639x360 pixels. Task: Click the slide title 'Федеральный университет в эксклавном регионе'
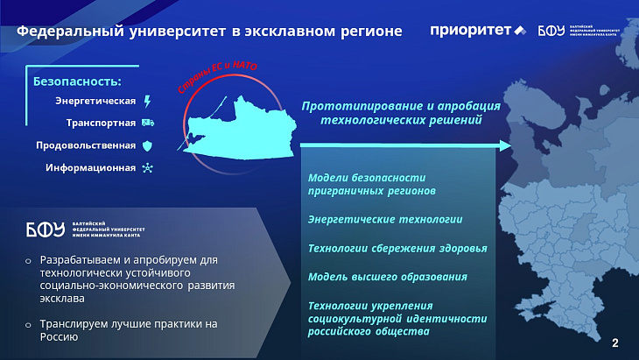click(210, 32)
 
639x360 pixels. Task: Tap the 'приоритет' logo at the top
click(477, 31)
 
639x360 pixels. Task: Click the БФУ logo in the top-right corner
click(578, 31)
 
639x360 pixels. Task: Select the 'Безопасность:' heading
click(77, 81)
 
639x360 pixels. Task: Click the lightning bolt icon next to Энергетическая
click(147, 101)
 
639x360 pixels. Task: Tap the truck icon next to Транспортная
click(147, 123)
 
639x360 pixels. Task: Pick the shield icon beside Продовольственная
click(147, 145)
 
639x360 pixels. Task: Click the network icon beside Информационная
click(147, 167)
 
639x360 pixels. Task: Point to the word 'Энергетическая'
click(95, 101)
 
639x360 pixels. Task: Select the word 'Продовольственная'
click(86, 145)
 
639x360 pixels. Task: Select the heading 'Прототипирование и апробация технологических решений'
click(401, 113)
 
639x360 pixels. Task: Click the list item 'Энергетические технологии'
click(385, 219)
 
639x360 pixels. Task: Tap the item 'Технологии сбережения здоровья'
click(397, 248)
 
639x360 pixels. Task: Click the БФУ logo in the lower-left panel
click(46, 230)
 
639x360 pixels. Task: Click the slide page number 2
click(614, 342)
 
